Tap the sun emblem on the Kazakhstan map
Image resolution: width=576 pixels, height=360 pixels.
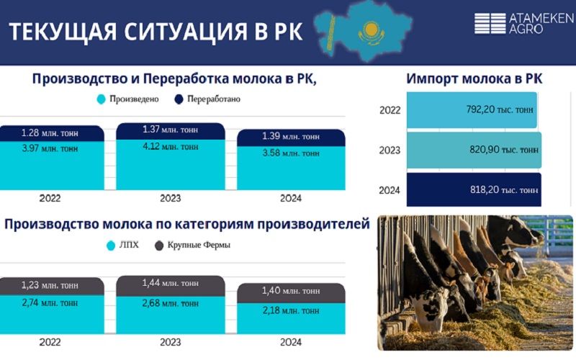(371, 30)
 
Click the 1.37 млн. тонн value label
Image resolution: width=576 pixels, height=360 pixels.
(170, 130)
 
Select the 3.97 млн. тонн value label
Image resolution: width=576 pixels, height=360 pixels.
(50, 149)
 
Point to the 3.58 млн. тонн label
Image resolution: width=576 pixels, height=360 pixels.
(291, 153)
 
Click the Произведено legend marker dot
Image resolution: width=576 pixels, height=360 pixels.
(101, 99)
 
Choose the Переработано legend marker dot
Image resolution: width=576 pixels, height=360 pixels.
(176, 99)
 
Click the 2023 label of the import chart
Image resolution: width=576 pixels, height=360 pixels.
(390, 150)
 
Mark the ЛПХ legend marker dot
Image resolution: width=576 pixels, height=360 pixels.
(111, 246)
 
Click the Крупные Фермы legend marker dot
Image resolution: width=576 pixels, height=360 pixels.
(159, 246)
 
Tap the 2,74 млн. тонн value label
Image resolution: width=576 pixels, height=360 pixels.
(50, 303)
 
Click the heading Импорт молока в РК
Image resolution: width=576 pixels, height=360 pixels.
(474, 79)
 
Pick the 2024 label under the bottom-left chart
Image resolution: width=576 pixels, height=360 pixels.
(292, 342)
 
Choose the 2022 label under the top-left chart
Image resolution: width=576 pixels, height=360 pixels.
(50, 198)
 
